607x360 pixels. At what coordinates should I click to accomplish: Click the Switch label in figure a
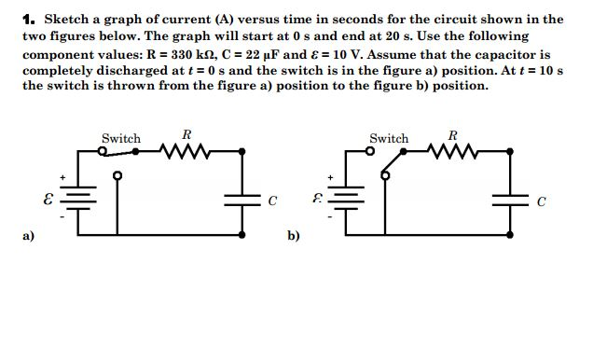[x=121, y=138]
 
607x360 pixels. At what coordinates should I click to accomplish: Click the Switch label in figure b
[x=389, y=138]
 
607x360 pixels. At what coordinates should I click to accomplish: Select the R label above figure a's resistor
[x=186, y=134]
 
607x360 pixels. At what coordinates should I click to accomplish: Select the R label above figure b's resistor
[x=453, y=134]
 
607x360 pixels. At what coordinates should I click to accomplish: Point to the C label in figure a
[x=272, y=200]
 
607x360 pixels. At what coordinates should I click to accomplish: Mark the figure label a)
[x=28, y=236]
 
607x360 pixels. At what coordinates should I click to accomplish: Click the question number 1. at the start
[x=29, y=18]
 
